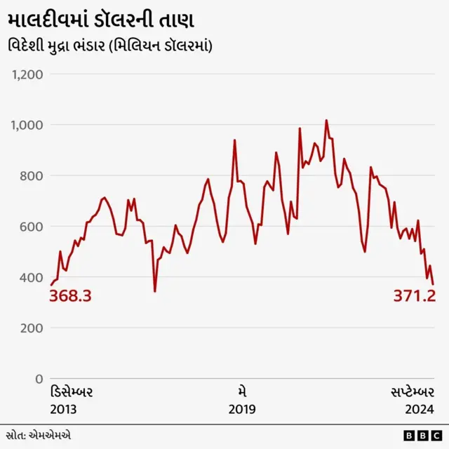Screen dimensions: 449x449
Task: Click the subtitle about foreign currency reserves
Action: click(112, 46)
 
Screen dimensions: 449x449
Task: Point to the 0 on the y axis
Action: click(39, 379)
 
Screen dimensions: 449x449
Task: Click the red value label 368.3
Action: click(70, 296)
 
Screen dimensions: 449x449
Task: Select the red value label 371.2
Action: click(414, 296)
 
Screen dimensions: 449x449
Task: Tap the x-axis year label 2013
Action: click(63, 409)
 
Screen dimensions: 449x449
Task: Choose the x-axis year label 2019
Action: click(242, 409)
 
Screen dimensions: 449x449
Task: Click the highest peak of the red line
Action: click(326, 121)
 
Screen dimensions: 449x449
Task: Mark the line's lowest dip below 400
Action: click(155, 290)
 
